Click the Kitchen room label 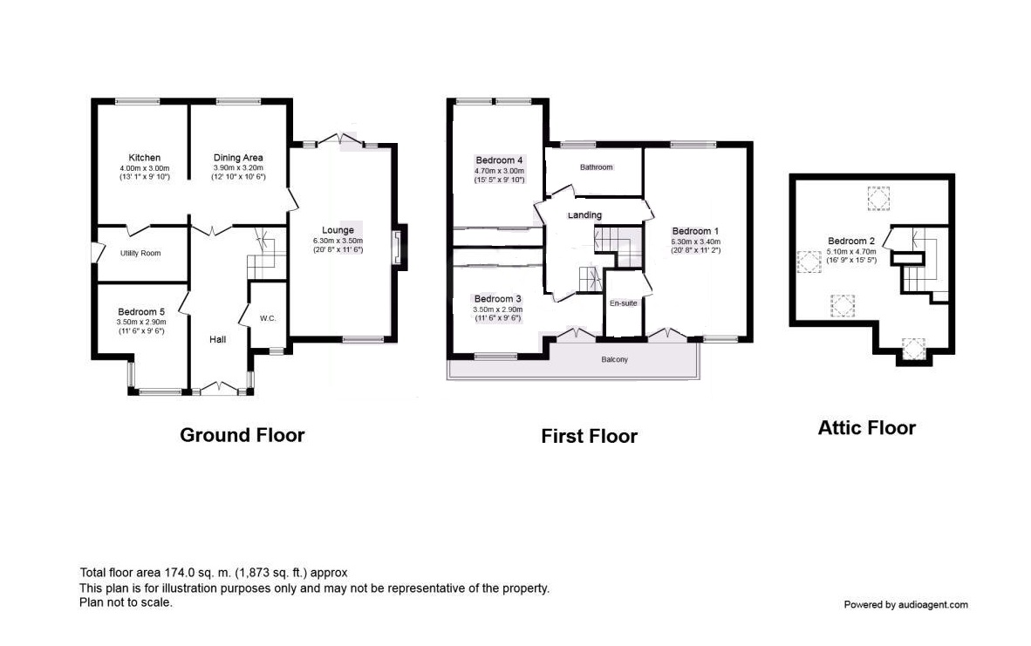[144, 158]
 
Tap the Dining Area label [238, 158]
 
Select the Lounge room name [338, 230]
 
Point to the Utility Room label [140, 253]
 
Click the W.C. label [268, 318]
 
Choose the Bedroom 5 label [141, 311]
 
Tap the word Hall [218, 339]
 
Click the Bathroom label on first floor [597, 167]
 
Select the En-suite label [624, 303]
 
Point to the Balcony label [615, 359]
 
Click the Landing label [584, 214]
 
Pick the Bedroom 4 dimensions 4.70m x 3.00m [500, 171]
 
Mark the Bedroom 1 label [696, 231]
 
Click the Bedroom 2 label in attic [851, 241]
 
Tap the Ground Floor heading [242, 435]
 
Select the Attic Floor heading [867, 428]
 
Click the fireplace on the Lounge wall [399, 247]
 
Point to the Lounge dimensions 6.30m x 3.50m [338, 241]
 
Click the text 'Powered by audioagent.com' [906, 605]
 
